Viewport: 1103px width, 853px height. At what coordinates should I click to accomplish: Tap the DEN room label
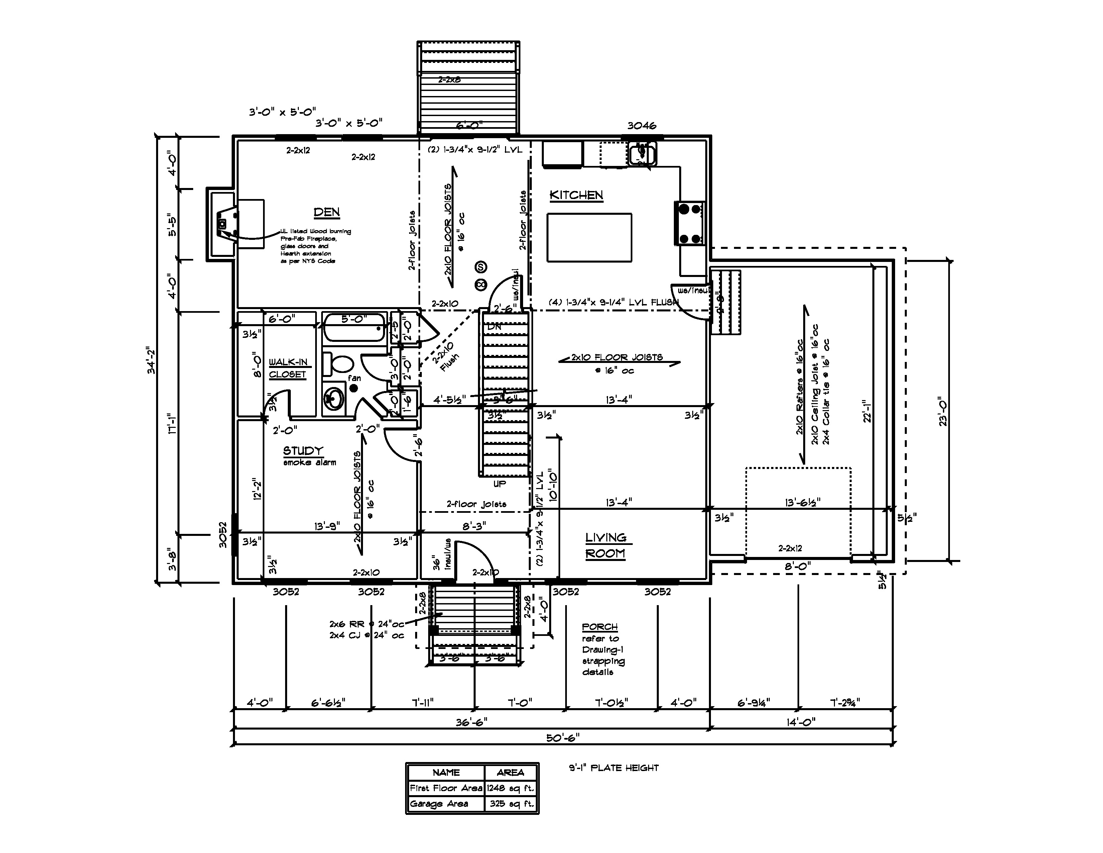click(327, 212)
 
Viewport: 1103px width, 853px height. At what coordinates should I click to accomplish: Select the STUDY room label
click(303, 451)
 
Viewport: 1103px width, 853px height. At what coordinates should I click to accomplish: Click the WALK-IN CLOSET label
click(288, 368)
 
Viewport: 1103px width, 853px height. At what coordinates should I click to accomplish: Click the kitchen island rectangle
click(589, 238)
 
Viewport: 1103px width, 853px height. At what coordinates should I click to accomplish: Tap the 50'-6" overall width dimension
click(563, 738)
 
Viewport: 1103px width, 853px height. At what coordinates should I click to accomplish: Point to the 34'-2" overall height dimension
click(150, 360)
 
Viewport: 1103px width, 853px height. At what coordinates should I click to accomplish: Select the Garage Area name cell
click(439, 803)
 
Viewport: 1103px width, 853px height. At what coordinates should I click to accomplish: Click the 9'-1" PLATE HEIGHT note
click(614, 768)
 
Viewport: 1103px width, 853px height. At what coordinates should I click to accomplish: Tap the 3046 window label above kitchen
click(641, 126)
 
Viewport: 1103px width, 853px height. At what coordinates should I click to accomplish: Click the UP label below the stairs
click(499, 484)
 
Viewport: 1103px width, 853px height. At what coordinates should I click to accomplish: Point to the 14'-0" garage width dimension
click(801, 723)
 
